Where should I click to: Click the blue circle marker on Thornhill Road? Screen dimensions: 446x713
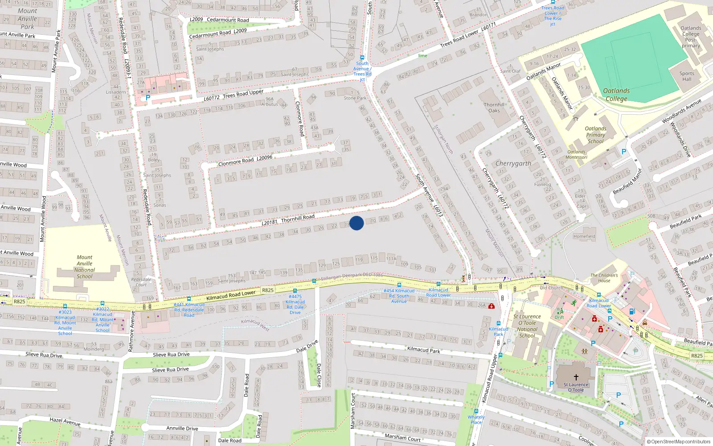[356, 223]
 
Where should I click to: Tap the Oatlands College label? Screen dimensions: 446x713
[616, 95]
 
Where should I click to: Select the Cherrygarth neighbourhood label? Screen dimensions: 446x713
[513, 164]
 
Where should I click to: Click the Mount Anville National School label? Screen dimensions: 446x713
[85, 267]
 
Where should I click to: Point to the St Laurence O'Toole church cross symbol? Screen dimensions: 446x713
[576, 377]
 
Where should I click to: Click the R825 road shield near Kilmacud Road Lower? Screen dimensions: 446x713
[267, 290]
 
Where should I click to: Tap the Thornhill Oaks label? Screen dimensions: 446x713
[494, 107]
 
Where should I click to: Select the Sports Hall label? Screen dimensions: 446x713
[687, 76]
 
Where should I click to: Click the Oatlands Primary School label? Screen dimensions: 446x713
[595, 135]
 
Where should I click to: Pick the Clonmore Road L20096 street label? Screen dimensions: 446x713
[245, 161]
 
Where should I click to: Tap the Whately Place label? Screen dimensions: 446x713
[476, 420]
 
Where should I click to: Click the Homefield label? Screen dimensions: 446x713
[584, 236]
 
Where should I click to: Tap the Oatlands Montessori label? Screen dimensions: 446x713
[577, 154]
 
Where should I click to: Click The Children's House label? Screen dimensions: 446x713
[604, 278]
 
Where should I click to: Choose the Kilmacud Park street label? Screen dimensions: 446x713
[423, 350]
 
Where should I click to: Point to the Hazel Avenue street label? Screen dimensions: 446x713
[65, 421]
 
